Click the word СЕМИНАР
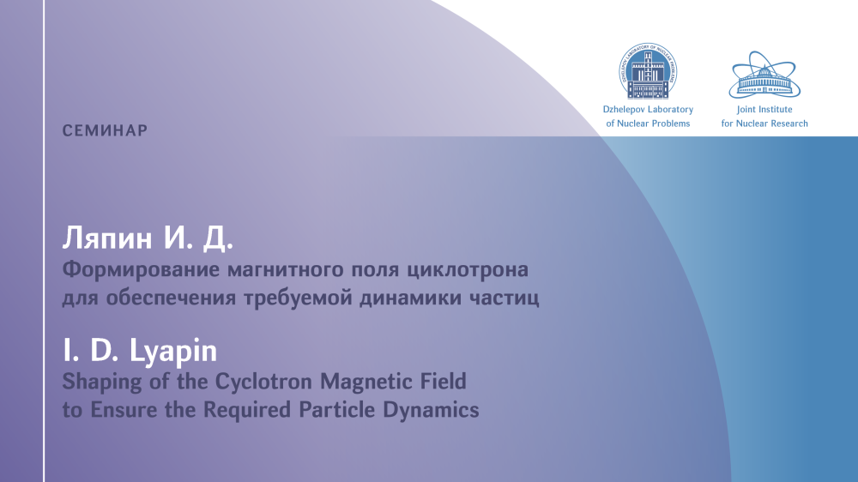tap(105, 130)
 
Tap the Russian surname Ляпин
tap(107, 238)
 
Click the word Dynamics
tap(432, 410)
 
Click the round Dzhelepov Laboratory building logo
tap(648, 71)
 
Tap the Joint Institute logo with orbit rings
tap(764, 75)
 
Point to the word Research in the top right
tap(789, 124)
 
